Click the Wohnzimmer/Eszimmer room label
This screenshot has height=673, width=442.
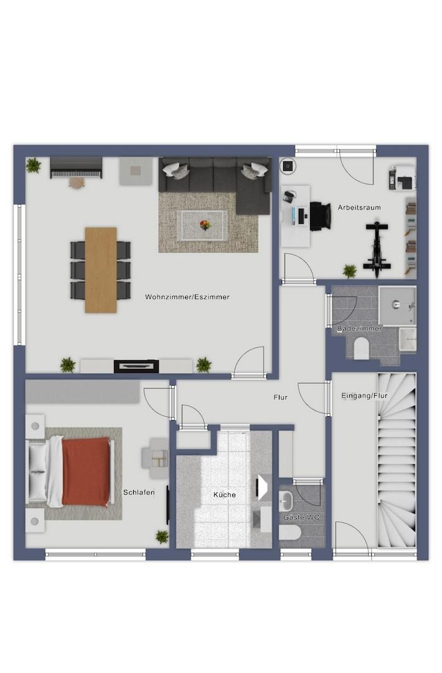[x=187, y=297]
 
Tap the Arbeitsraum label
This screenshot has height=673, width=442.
[x=359, y=208]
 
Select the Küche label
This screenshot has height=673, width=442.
[x=225, y=494]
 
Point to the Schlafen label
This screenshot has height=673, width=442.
[x=139, y=492]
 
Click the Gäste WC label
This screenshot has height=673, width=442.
[x=301, y=518]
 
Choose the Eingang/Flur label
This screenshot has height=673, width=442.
[x=364, y=395]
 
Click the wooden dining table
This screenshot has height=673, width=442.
[x=101, y=270]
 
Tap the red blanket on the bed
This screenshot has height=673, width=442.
[x=86, y=471]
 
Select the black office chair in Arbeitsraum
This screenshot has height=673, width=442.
[x=321, y=216]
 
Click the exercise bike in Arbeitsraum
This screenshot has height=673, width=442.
[x=377, y=249]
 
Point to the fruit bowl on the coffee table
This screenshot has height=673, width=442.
[x=205, y=224]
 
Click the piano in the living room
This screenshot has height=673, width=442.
[x=77, y=168]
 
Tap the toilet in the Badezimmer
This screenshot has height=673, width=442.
[x=362, y=347]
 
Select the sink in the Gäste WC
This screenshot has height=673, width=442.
[x=286, y=501]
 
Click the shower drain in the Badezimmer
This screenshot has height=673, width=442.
[x=396, y=305]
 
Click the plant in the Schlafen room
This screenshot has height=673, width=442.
[x=162, y=537]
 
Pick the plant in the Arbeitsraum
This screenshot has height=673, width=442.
[x=350, y=271]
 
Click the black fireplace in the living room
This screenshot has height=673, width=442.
[x=136, y=366]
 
